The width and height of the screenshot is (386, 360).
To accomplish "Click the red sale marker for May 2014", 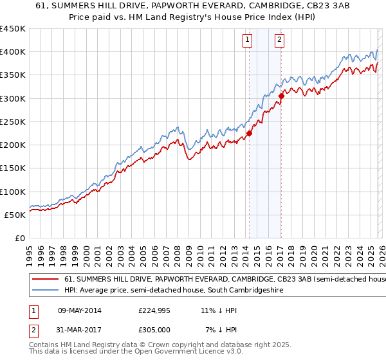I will (x=249, y=134).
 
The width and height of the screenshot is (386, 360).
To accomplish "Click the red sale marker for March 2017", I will (x=281, y=96).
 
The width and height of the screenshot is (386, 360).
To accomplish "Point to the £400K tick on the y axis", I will (x=13, y=52).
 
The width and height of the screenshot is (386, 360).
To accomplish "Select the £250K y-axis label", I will (x=13, y=122).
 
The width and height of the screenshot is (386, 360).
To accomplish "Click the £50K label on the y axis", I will (x=15, y=215).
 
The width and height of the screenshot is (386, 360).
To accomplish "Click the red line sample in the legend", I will (x=46, y=280).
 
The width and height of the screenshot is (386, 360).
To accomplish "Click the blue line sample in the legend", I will (x=46, y=291).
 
